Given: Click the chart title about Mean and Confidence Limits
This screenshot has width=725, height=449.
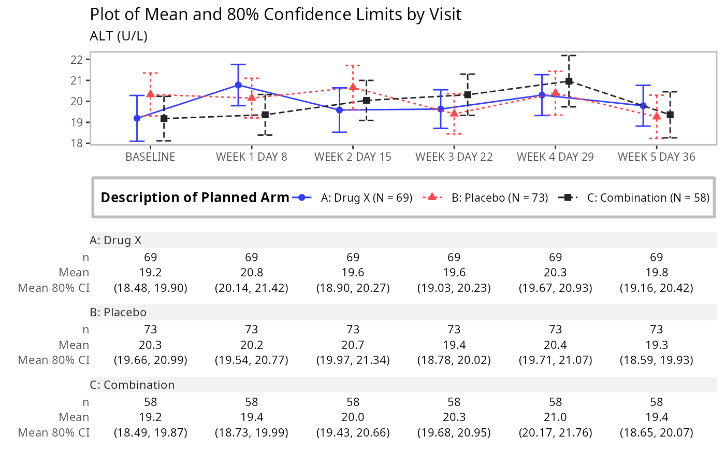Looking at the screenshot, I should point(275,14).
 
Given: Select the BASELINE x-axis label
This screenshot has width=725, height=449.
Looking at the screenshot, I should point(150,157).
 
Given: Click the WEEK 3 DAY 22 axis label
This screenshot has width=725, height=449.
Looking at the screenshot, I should point(454,157).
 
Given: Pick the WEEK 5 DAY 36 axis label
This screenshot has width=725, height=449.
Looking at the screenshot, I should point(657,157).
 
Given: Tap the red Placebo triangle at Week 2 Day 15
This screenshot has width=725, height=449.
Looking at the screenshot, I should point(353,87).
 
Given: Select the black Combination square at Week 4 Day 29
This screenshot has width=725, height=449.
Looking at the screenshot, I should point(569,81).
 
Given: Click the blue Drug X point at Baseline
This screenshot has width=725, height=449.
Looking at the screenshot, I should point(137,118).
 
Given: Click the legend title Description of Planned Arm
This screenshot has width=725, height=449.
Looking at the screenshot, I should point(195,198).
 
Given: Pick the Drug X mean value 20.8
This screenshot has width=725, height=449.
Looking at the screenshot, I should point(252,272).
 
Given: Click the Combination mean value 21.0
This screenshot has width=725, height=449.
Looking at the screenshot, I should point(555,417).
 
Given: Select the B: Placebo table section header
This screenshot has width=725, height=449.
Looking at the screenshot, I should point(118,313).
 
